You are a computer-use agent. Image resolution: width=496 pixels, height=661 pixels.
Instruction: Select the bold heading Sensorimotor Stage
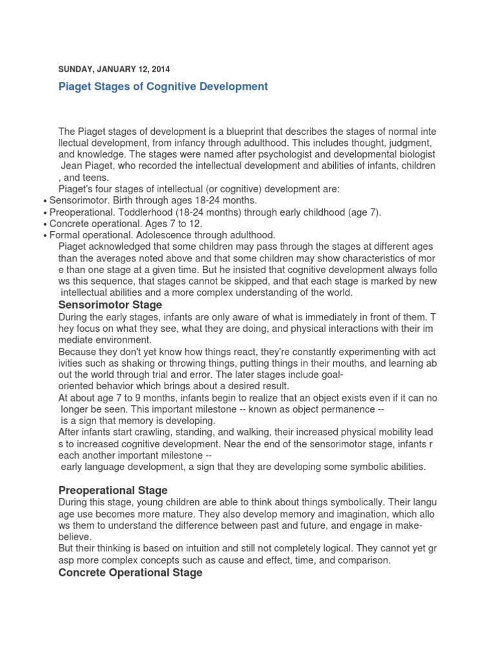click(110, 305)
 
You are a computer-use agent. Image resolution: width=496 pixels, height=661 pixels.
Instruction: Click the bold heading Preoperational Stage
click(113, 490)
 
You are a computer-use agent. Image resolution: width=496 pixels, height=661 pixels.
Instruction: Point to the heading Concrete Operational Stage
click(130, 572)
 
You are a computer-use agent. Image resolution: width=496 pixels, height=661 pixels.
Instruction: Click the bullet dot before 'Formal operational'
click(45, 235)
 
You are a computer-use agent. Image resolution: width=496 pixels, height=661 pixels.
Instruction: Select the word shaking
click(134, 363)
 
